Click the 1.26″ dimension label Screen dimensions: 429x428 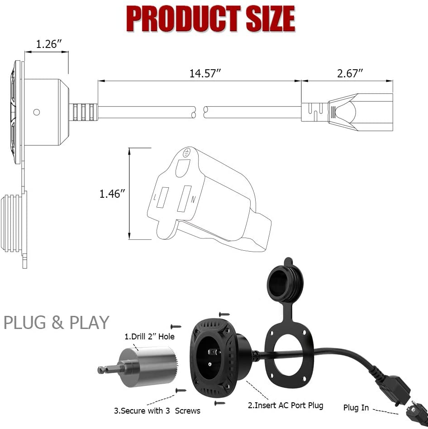tap(49, 44)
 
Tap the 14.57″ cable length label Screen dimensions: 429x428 tap(205, 74)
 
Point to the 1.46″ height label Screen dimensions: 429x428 tap(112, 194)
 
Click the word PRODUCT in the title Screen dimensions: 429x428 tap(184, 19)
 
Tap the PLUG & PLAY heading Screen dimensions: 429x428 tap(57, 323)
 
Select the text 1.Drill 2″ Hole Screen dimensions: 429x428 tap(149, 337)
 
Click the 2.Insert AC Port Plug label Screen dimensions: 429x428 tap(285, 405)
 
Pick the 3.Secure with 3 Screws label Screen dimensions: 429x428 tap(157, 411)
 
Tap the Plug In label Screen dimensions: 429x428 tap(356, 408)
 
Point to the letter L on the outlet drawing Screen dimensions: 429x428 tap(155, 198)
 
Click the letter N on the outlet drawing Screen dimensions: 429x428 tap(193, 199)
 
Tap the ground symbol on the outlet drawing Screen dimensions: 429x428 tap(185, 154)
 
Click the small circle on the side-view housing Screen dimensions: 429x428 tap(37, 112)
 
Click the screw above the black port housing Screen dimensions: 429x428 tap(224, 314)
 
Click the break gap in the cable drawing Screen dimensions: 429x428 tap(199, 112)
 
